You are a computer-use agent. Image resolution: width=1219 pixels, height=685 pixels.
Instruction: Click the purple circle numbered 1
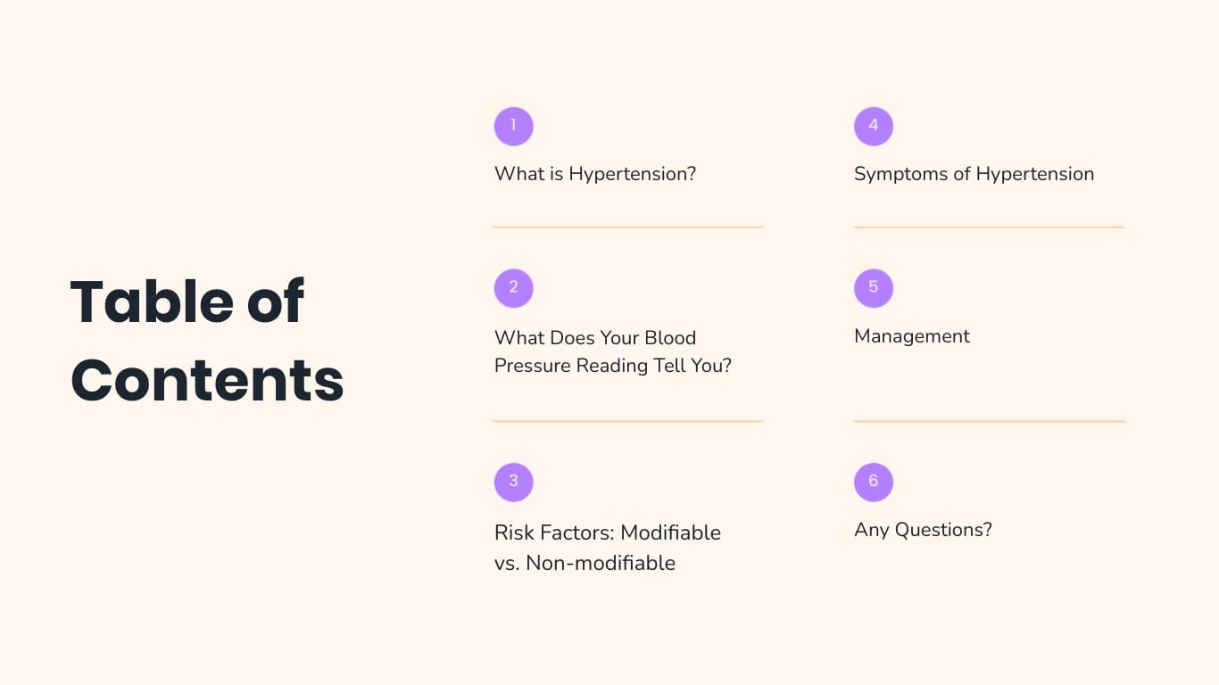click(513, 126)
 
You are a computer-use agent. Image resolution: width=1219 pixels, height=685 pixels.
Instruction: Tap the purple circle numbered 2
click(513, 287)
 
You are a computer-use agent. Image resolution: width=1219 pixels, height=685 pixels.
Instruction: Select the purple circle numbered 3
click(513, 482)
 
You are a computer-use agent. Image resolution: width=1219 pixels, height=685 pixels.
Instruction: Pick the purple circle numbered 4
click(873, 126)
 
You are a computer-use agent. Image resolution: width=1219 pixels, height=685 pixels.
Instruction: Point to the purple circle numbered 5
click(873, 287)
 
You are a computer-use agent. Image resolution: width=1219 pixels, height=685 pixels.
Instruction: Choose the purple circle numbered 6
click(873, 482)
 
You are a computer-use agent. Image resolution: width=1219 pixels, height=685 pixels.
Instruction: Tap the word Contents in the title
click(207, 380)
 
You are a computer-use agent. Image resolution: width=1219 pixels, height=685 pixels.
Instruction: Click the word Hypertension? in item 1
click(633, 174)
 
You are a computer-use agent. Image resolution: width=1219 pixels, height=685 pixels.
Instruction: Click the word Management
click(912, 336)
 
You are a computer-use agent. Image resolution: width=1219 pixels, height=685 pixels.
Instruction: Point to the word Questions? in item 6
click(943, 530)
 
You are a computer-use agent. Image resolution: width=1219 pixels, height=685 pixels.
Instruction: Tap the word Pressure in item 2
click(533, 366)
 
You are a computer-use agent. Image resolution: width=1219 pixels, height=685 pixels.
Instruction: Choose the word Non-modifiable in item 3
click(601, 564)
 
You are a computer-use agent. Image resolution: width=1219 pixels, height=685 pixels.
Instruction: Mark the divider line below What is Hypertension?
click(628, 227)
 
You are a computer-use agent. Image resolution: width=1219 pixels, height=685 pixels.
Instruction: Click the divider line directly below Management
click(989, 421)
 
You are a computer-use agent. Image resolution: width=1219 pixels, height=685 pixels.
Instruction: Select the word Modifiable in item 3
click(670, 532)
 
